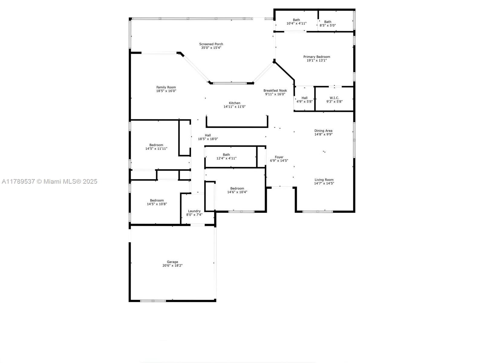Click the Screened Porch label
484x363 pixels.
(211, 44)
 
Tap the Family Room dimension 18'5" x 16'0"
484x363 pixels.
(166, 91)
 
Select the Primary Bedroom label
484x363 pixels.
(317, 57)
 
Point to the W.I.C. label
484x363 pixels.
(334, 98)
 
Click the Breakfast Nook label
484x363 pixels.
(275, 90)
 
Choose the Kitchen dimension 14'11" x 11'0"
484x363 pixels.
(234, 107)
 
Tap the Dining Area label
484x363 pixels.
(323, 131)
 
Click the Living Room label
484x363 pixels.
(324, 180)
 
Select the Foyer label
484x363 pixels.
(279, 157)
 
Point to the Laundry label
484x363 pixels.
(194, 211)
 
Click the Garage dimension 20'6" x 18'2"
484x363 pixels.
(172, 265)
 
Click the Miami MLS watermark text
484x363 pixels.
(50, 181)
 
